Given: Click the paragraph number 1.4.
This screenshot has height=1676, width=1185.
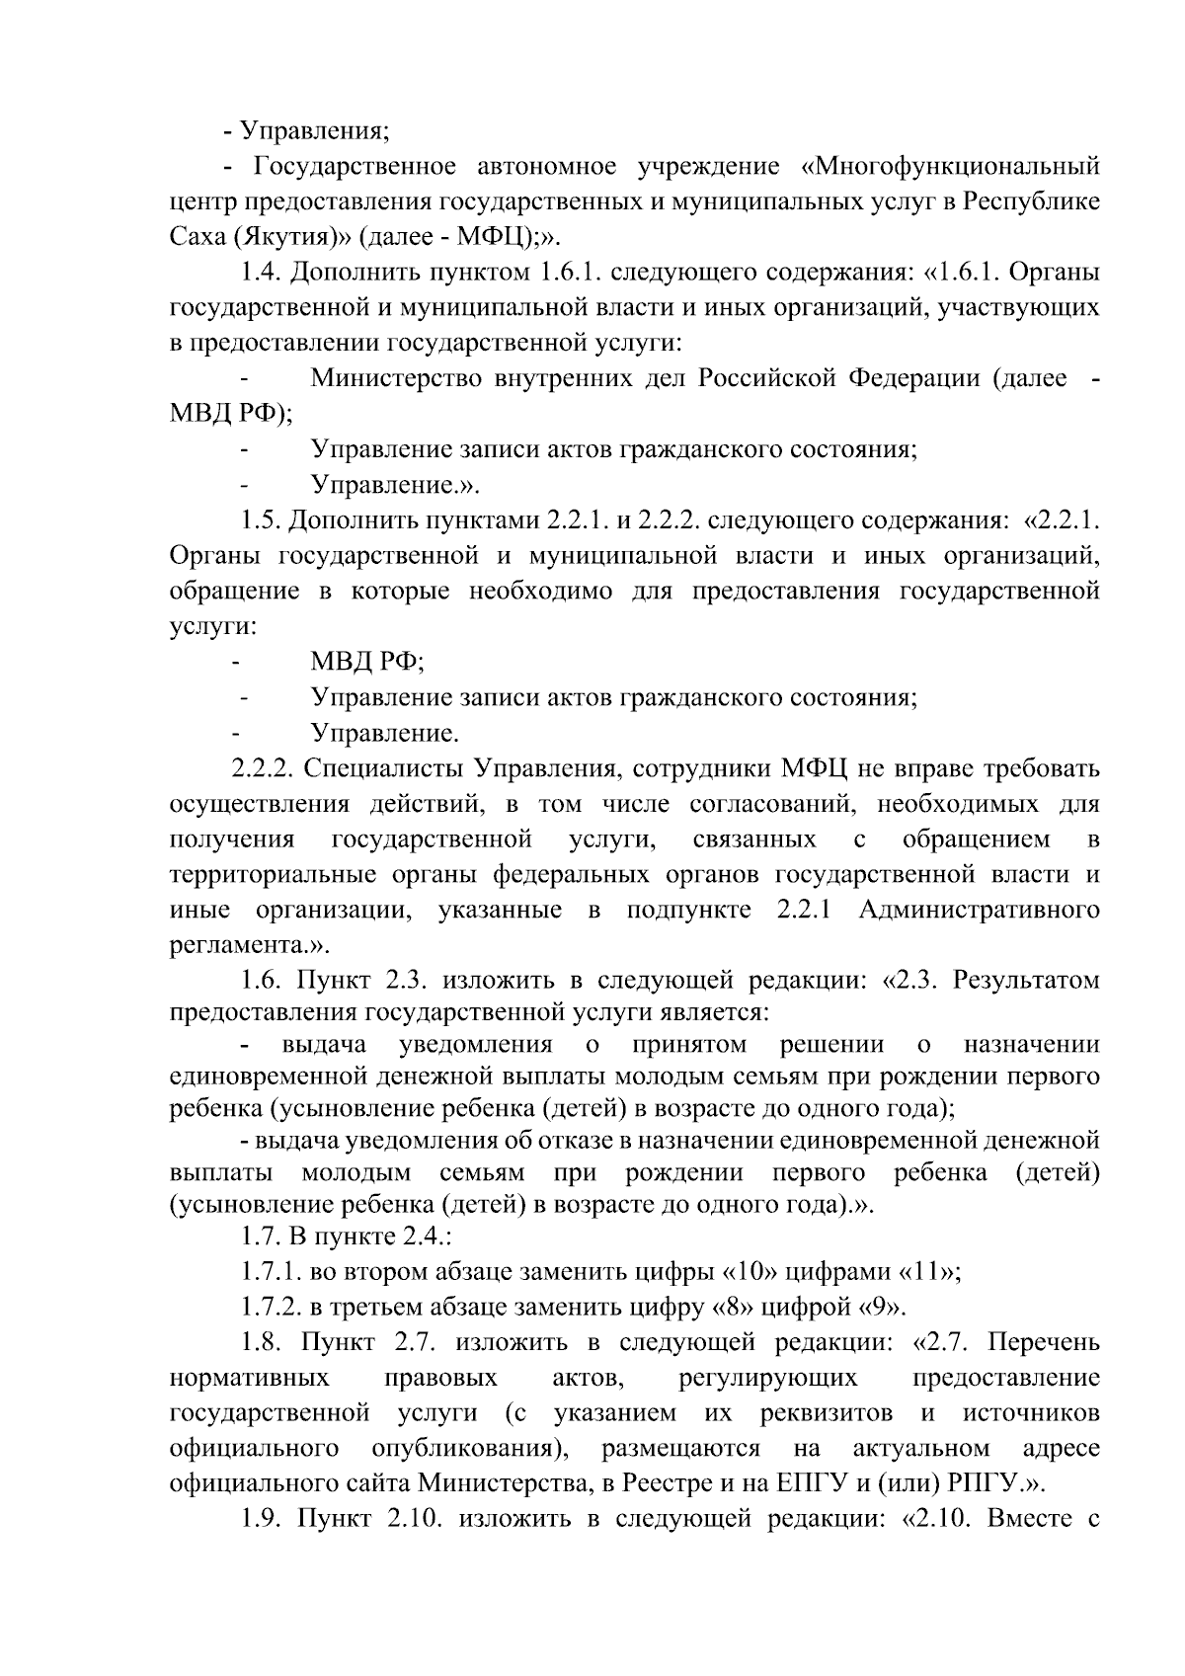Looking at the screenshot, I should [262, 272].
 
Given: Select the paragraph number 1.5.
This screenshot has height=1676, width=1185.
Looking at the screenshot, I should [262, 520].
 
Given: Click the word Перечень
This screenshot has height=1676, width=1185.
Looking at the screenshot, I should [1044, 1343].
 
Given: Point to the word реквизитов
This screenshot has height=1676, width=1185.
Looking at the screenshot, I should [828, 1413].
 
